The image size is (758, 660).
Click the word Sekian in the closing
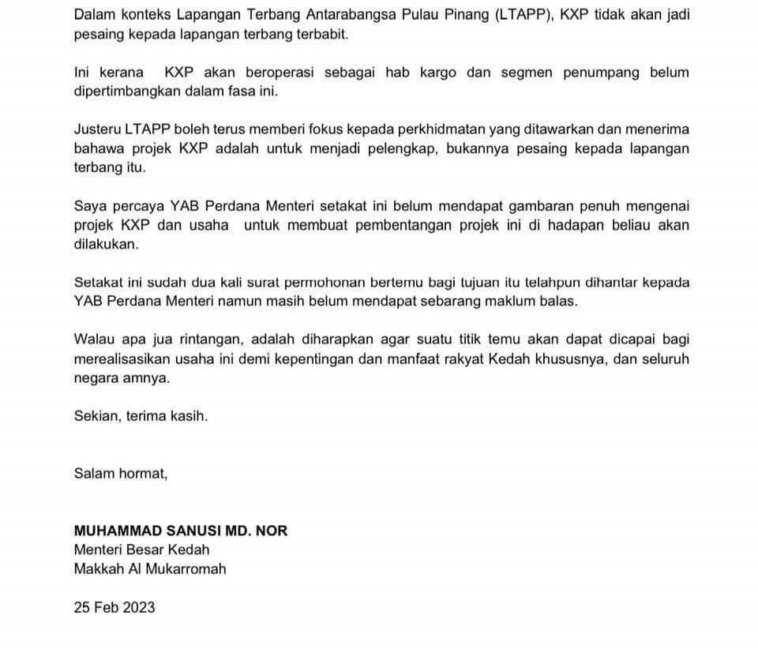pos(96,416)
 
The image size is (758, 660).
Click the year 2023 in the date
pos(138,607)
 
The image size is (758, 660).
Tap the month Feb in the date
pos(106,607)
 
